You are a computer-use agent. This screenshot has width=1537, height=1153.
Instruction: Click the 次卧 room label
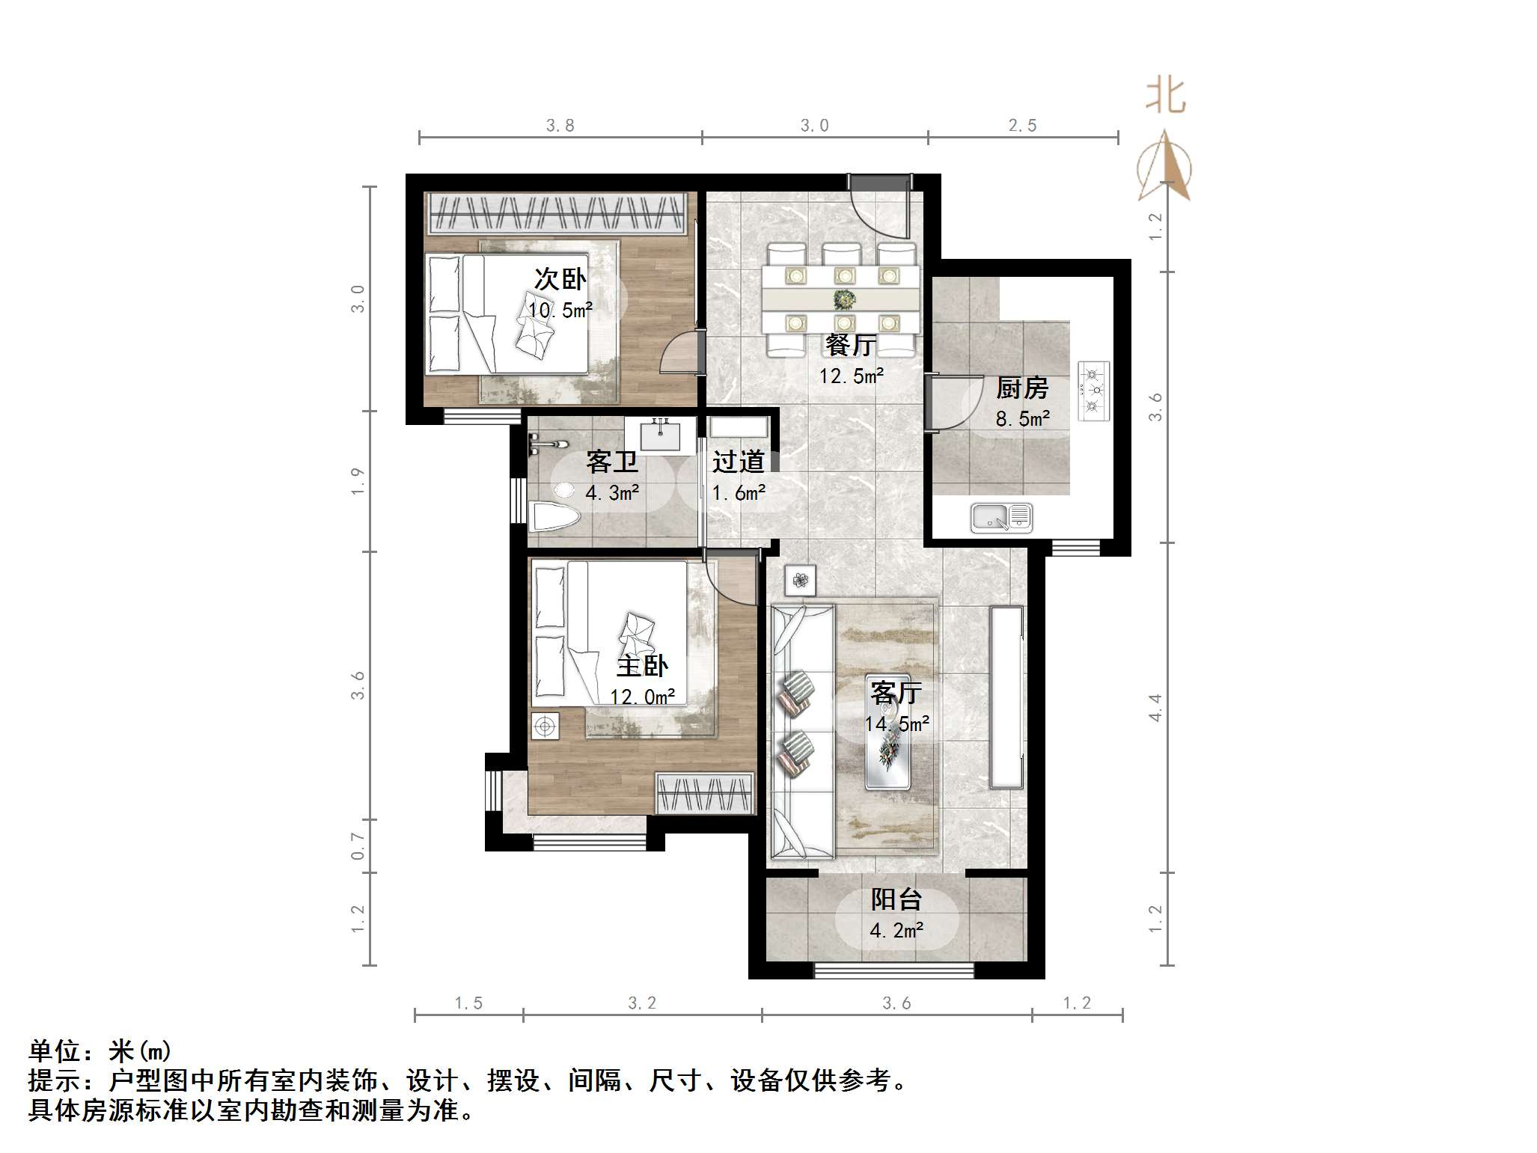[x=560, y=279]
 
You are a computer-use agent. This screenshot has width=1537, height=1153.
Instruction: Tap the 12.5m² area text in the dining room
[x=851, y=376]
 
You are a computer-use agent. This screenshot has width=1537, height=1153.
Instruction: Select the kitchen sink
[x=1001, y=517]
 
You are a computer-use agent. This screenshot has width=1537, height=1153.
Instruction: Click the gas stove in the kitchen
[x=1093, y=390]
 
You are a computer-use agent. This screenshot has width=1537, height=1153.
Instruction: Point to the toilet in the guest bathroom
[x=554, y=515]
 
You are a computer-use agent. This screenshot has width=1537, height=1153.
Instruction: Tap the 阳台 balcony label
[x=896, y=899]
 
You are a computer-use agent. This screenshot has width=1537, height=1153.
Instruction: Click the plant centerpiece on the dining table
[x=845, y=299]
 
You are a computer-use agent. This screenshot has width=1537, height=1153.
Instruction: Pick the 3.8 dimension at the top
[x=560, y=126]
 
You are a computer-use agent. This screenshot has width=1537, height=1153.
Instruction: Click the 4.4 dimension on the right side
[x=1155, y=707]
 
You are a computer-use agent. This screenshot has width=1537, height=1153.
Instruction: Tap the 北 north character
[x=1165, y=97]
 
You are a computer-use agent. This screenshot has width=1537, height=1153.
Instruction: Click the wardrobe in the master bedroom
[x=704, y=793]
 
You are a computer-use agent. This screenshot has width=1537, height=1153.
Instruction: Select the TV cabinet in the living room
[x=1006, y=697]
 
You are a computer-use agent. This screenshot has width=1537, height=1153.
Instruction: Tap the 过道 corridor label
[x=738, y=462]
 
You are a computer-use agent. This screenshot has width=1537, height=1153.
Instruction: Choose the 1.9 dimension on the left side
[x=358, y=480]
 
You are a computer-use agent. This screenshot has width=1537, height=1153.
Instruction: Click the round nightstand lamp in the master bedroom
[x=544, y=726]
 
